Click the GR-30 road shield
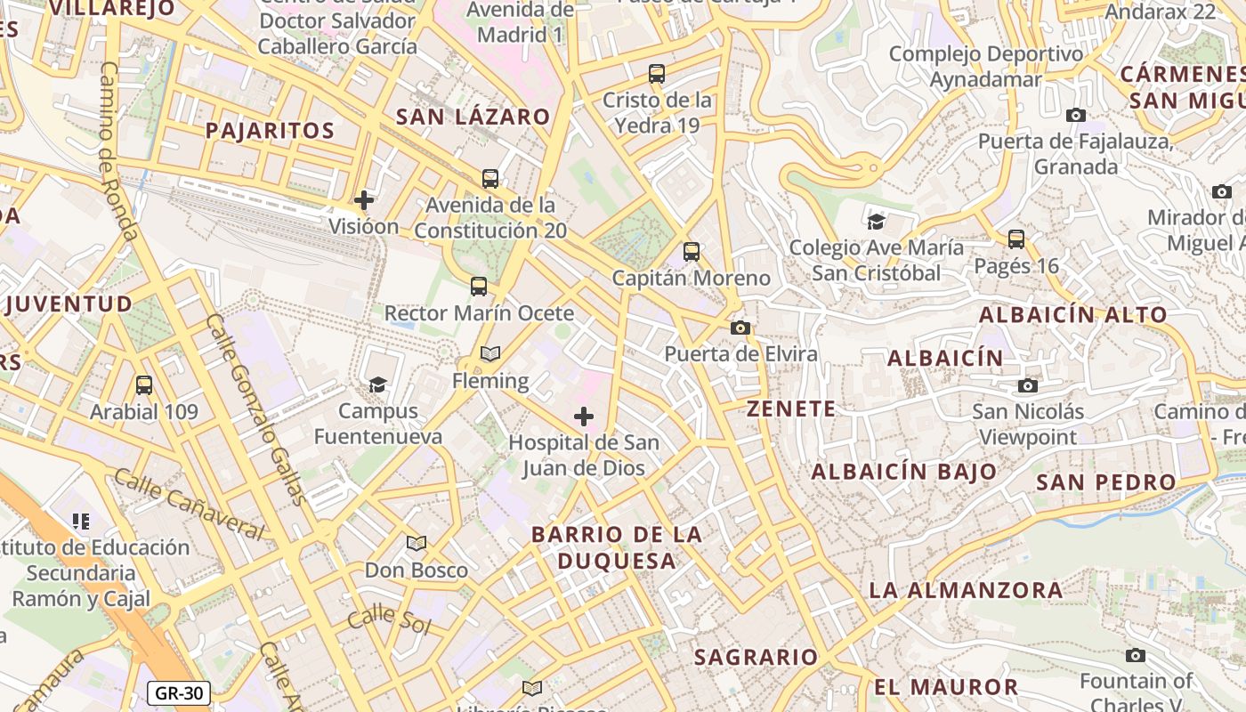pyautogui.click(x=179, y=693)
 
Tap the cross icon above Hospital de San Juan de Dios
pyautogui.click(x=584, y=417)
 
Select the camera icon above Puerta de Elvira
pyautogui.click(x=740, y=328)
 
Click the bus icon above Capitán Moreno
pyautogui.click(x=692, y=252)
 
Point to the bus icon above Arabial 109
pyautogui.click(x=144, y=385)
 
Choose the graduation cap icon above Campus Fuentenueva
pyautogui.click(x=378, y=384)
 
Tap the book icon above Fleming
pyautogui.click(x=490, y=353)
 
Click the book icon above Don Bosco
pyautogui.click(x=417, y=543)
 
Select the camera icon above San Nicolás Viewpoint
pyautogui.click(x=1028, y=385)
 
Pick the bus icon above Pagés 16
pyautogui.click(x=1016, y=239)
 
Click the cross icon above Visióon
pyautogui.click(x=364, y=199)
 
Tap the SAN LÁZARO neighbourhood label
pyautogui.click(x=473, y=117)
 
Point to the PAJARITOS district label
pyautogui.click(x=270, y=131)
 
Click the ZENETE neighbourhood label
pyautogui.click(x=791, y=409)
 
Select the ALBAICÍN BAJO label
pyautogui.click(x=904, y=472)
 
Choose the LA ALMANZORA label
pyautogui.click(x=966, y=590)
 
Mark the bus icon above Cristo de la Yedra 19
pyautogui.click(x=657, y=74)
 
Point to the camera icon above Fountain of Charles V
pyautogui.click(x=1136, y=656)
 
